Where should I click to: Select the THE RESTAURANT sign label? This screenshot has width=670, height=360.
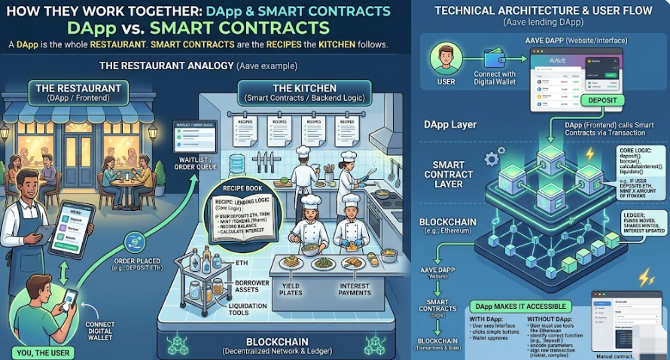tap(78, 93)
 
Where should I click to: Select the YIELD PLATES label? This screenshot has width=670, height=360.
tap(290, 288)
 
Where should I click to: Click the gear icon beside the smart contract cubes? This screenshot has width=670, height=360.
tap(496, 157)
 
